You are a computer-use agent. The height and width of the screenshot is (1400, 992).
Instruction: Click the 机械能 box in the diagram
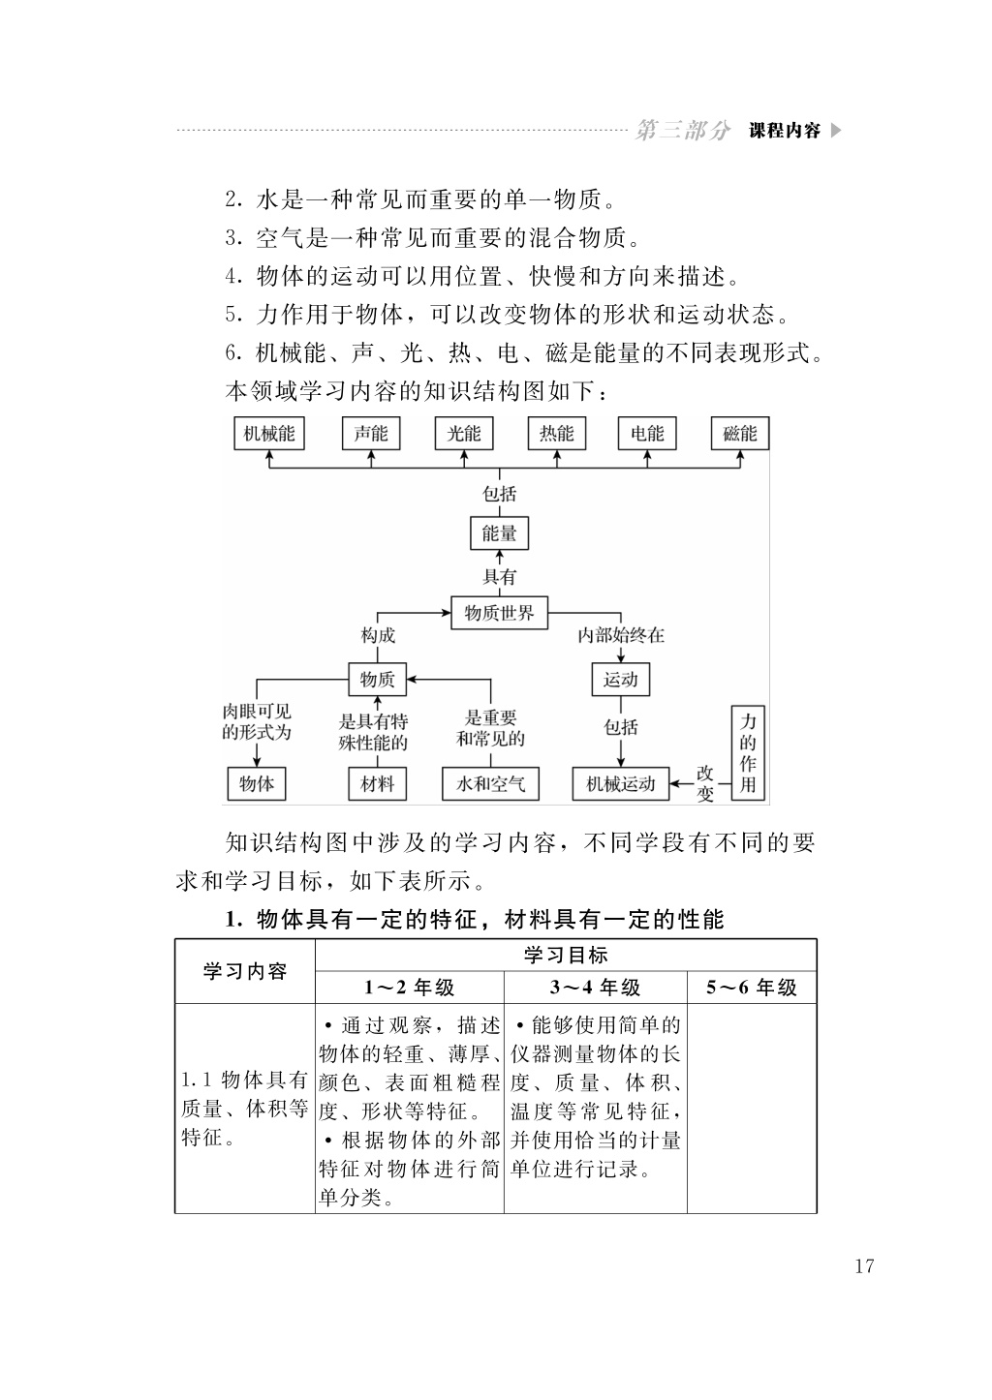click(x=269, y=433)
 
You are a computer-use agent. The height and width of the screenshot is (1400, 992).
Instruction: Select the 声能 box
click(x=371, y=433)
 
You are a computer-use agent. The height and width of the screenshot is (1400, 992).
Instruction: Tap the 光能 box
click(x=464, y=433)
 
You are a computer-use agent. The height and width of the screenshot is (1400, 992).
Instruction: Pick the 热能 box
click(x=557, y=433)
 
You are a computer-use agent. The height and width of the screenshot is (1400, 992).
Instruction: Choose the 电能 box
click(x=647, y=433)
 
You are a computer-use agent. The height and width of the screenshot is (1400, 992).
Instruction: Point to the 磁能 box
click(x=740, y=433)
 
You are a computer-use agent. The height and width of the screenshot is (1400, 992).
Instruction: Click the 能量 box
click(x=499, y=533)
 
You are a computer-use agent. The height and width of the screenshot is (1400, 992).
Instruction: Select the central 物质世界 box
click(x=499, y=613)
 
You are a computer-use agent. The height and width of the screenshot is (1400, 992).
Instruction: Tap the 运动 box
click(x=620, y=680)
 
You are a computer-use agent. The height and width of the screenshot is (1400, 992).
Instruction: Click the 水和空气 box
click(x=490, y=784)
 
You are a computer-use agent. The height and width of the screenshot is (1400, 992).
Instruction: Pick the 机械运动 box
click(x=620, y=784)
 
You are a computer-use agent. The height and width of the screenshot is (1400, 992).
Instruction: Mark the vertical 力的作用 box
click(x=748, y=752)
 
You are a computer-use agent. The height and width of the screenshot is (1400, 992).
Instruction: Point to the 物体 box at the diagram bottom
click(x=257, y=784)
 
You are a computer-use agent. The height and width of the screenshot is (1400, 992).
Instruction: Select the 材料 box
click(x=377, y=784)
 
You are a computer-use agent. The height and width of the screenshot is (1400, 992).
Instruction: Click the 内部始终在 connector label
click(x=620, y=636)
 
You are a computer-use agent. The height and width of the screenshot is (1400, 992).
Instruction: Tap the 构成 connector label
click(x=378, y=636)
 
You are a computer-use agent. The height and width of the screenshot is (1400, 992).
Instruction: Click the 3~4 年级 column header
click(x=596, y=988)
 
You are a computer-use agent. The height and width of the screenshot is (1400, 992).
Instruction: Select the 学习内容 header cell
click(x=245, y=971)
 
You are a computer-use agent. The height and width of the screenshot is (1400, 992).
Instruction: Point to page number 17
click(x=864, y=1266)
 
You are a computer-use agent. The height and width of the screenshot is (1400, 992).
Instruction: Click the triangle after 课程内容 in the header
click(x=836, y=131)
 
